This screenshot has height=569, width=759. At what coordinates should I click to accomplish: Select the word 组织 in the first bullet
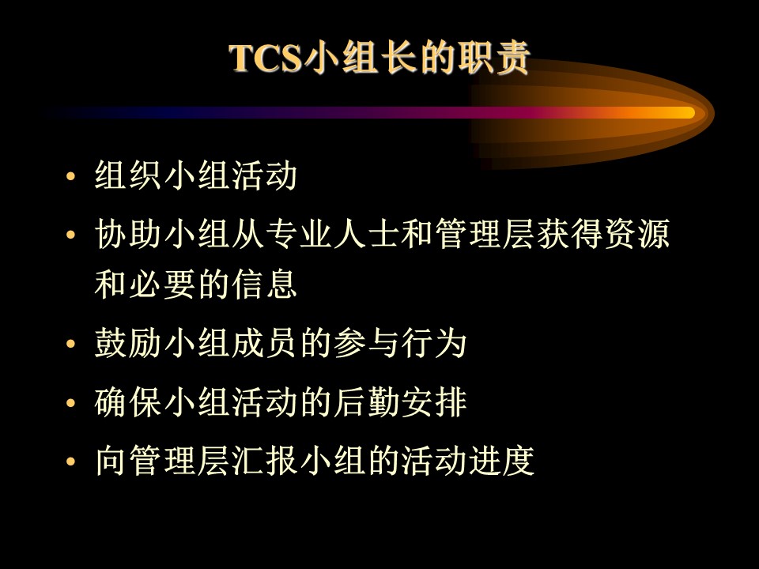coord(128,175)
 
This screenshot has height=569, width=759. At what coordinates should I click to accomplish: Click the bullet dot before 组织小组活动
coord(71,175)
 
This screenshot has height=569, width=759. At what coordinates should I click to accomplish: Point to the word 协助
coord(128,234)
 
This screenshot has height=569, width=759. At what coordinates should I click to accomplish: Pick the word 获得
coord(569,234)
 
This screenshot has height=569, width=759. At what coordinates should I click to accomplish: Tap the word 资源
coord(637,234)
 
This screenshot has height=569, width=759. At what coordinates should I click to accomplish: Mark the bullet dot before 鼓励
coord(71,344)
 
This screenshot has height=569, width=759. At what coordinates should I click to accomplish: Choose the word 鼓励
coord(128,344)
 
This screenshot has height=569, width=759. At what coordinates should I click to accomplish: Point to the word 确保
coord(128,402)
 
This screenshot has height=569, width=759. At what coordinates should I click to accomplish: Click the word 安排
coord(434,402)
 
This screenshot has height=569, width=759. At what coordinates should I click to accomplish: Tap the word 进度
coord(501,460)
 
